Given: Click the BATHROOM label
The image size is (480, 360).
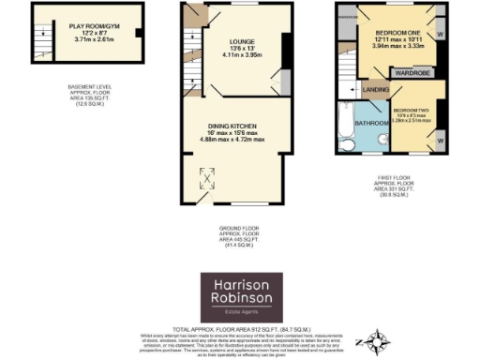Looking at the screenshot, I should click(x=370, y=123).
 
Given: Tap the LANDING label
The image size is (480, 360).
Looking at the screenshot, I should click(x=376, y=90).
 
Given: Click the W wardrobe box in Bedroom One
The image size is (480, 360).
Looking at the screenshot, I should click(x=440, y=35).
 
